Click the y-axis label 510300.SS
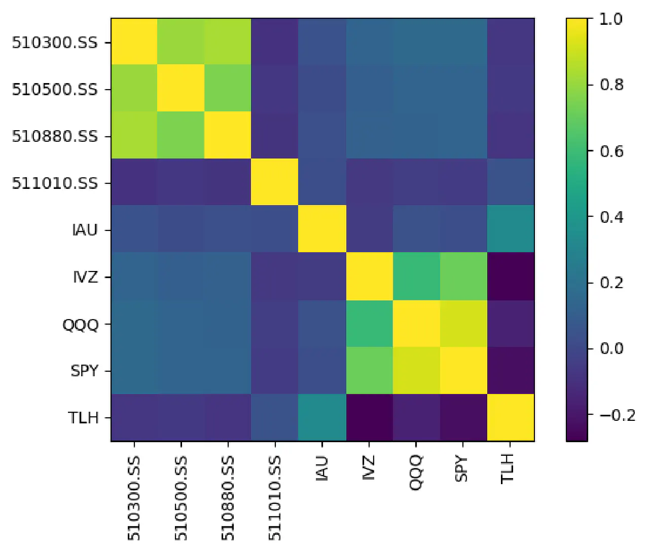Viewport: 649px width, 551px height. (54, 43)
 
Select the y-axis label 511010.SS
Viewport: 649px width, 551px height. (54, 183)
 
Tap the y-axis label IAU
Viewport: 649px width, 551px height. (84, 230)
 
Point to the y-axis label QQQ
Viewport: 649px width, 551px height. (80, 324)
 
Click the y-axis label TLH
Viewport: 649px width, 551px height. (83, 418)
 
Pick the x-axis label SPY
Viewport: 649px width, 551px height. (461, 469)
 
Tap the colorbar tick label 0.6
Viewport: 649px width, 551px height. (611, 151)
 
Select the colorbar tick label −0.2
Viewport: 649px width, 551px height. (617, 415)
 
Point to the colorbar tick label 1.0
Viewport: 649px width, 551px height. (610, 19)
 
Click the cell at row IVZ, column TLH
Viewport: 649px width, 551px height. (511, 277)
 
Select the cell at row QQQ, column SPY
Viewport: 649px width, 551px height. (463, 324)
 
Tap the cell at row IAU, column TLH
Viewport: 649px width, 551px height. (511, 229)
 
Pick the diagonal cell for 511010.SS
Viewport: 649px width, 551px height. (275, 182)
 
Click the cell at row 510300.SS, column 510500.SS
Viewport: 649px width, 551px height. (181, 42)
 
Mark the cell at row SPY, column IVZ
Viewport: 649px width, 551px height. (370, 371)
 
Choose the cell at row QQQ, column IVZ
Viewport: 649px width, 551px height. (370, 324)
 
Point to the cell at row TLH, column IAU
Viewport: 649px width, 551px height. (322, 418)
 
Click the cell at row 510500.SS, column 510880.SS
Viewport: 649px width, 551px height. (228, 89)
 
